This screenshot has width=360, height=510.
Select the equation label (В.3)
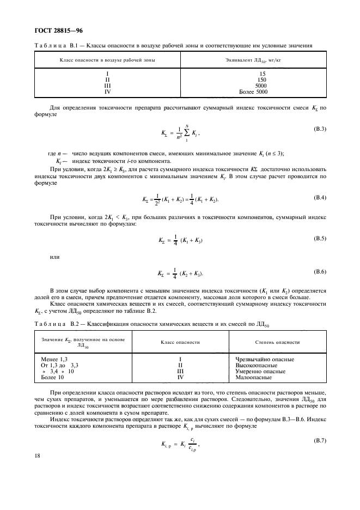tap(317, 129)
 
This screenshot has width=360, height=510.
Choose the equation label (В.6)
tap(317, 271)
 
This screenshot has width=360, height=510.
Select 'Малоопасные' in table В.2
tap(254, 377)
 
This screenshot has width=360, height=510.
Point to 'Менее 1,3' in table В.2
tap(54, 359)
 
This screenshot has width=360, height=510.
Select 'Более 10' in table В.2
tap(53, 377)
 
